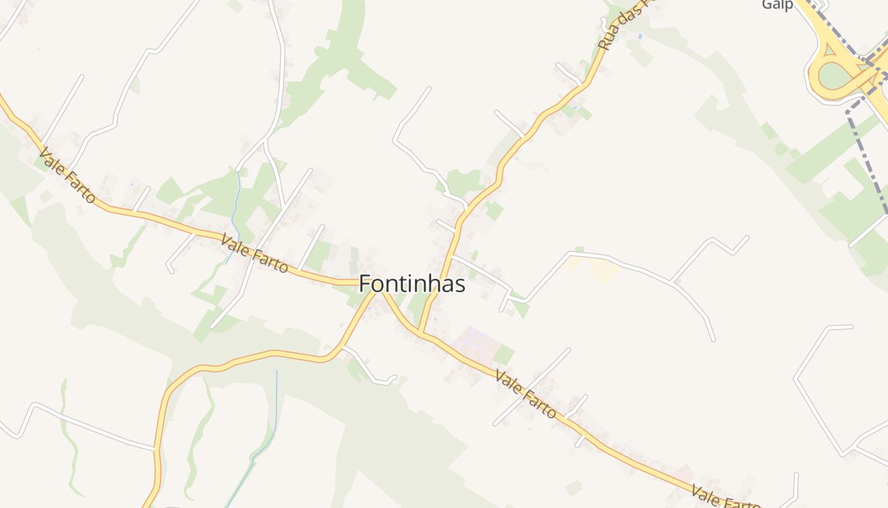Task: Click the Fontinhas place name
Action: (412, 284)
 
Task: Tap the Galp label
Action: (777, 5)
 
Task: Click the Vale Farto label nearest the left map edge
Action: (67, 176)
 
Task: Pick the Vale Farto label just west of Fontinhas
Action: (254, 253)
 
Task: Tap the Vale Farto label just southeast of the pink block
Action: (525, 395)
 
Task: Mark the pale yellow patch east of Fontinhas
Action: (604, 272)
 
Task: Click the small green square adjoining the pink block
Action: (504, 354)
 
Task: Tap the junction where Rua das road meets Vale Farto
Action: (421, 332)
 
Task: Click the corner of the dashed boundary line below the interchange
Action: (848, 112)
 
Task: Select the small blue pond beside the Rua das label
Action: (639, 37)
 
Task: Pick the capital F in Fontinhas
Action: (365, 284)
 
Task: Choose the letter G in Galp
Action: (767, 5)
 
